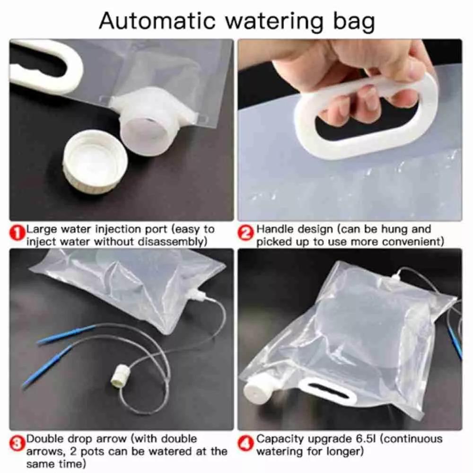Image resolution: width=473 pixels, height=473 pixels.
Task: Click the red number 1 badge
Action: [17, 234]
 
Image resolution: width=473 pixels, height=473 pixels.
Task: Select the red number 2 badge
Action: [246, 234]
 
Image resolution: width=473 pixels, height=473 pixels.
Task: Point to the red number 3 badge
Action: [17, 444]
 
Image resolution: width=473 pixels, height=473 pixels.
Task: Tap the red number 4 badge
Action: [246, 444]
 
